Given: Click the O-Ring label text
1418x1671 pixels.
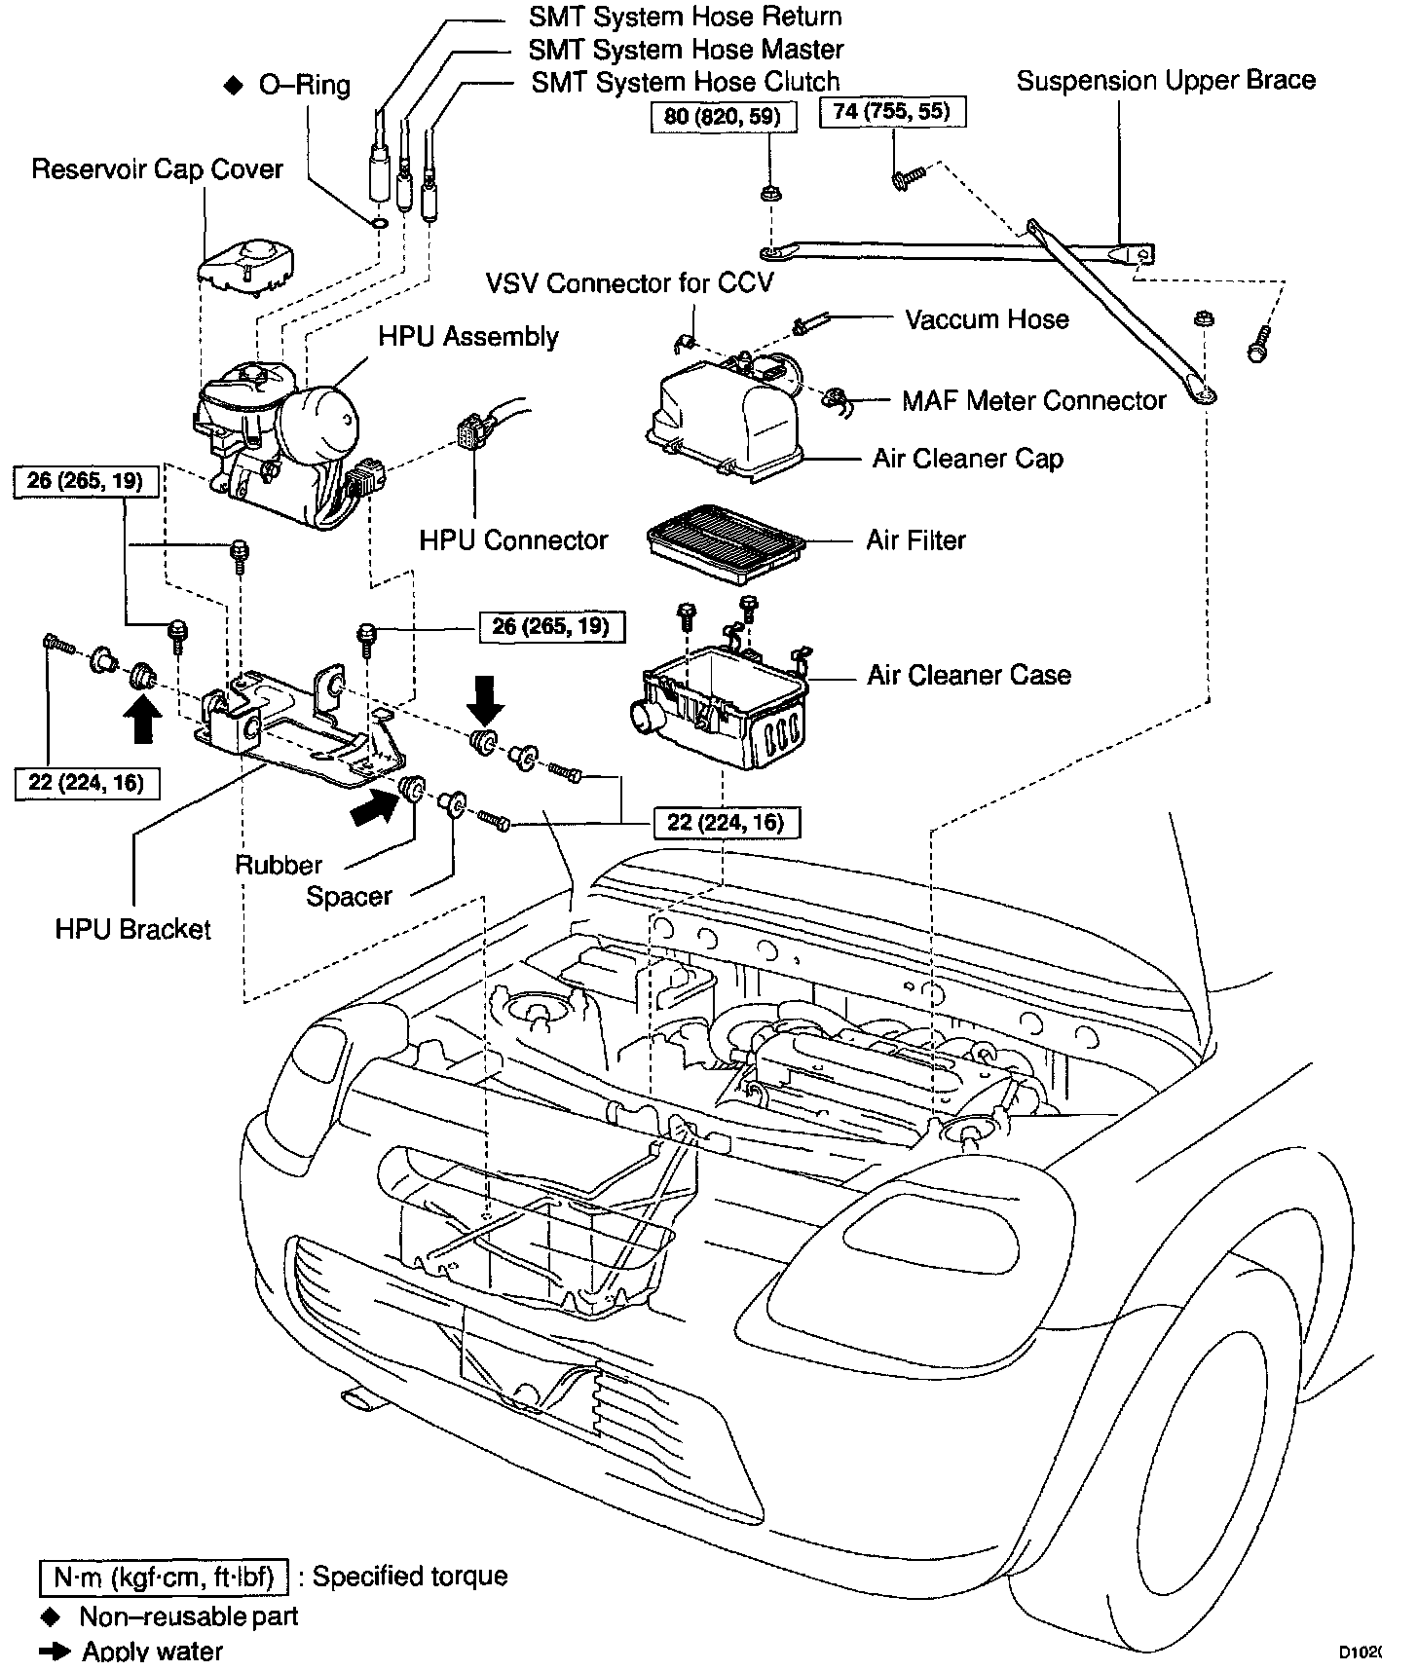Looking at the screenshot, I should [x=304, y=86].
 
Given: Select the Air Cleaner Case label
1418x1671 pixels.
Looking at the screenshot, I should [x=968, y=675].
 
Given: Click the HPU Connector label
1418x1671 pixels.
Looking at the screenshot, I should [x=513, y=540].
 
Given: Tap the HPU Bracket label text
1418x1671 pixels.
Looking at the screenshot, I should [x=132, y=929].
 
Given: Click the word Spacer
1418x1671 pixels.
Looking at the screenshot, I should [x=349, y=897].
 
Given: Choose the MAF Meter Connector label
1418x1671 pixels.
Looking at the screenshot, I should [x=1033, y=400].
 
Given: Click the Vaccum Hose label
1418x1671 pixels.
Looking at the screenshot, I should [x=987, y=319].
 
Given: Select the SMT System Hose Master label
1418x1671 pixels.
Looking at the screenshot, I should [x=686, y=49].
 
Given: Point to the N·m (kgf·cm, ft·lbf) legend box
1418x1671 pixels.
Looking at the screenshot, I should [x=164, y=1576].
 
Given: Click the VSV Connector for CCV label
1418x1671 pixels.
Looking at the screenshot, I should [x=629, y=283].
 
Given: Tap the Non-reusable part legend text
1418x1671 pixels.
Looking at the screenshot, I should [x=188, y=1617].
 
